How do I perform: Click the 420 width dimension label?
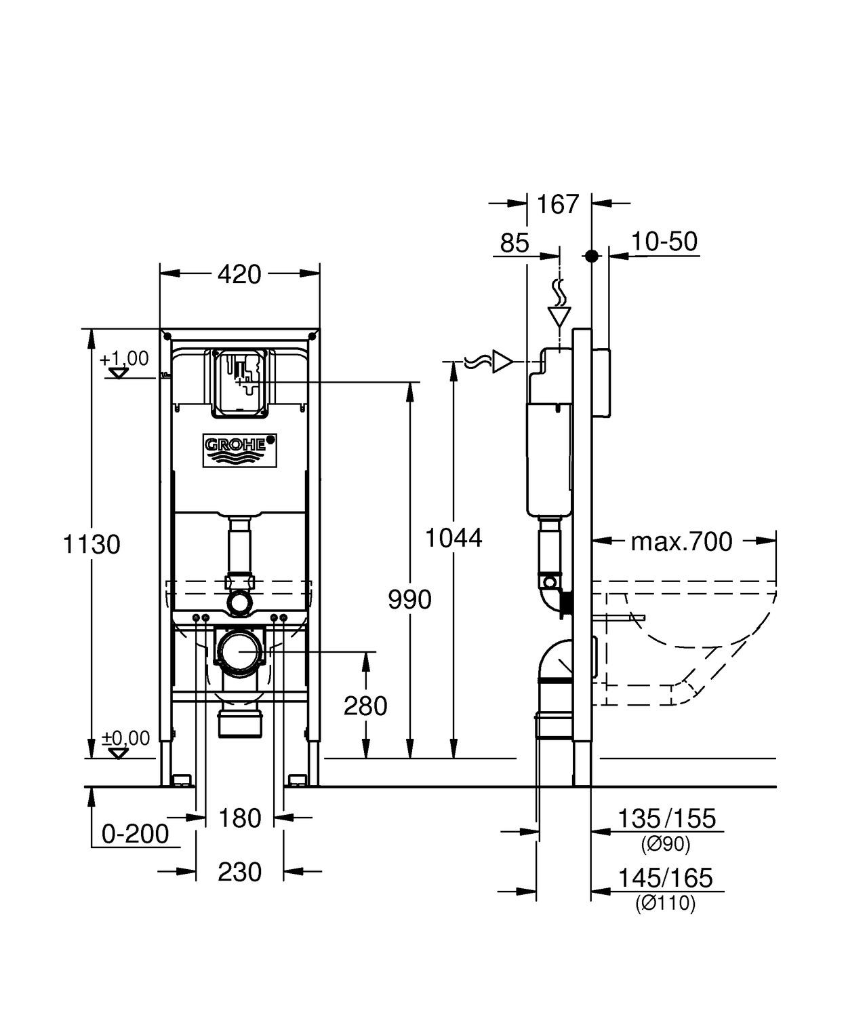(x=239, y=274)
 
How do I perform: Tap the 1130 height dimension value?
(x=92, y=544)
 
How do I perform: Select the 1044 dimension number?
(x=454, y=538)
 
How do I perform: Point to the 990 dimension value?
(x=409, y=600)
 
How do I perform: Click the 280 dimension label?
(x=365, y=706)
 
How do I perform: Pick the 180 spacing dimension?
(x=239, y=818)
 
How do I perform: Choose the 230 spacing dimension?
(x=239, y=872)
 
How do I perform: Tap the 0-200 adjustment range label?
(x=135, y=834)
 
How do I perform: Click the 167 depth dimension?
(x=558, y=204)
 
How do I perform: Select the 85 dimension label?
(x=514, y=242)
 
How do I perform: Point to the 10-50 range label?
(x=664, y=242)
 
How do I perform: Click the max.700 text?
(x=681, y=541)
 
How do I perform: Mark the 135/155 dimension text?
(x=666, y=819)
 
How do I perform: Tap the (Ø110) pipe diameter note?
(x=665, y=904)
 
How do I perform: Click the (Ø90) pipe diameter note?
(x=665, y=845)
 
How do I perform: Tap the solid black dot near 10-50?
(x=592, y=256)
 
